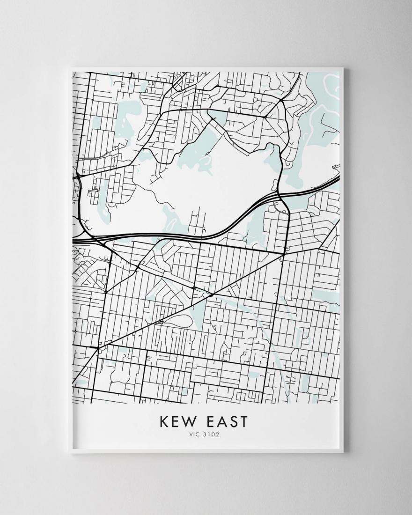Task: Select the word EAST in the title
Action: coord(227,421)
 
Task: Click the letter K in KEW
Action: coord(165,421)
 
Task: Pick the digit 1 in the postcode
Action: coord(209,434)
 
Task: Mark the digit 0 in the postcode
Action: coord(213,434)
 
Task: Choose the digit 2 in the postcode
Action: coord(217,434)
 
